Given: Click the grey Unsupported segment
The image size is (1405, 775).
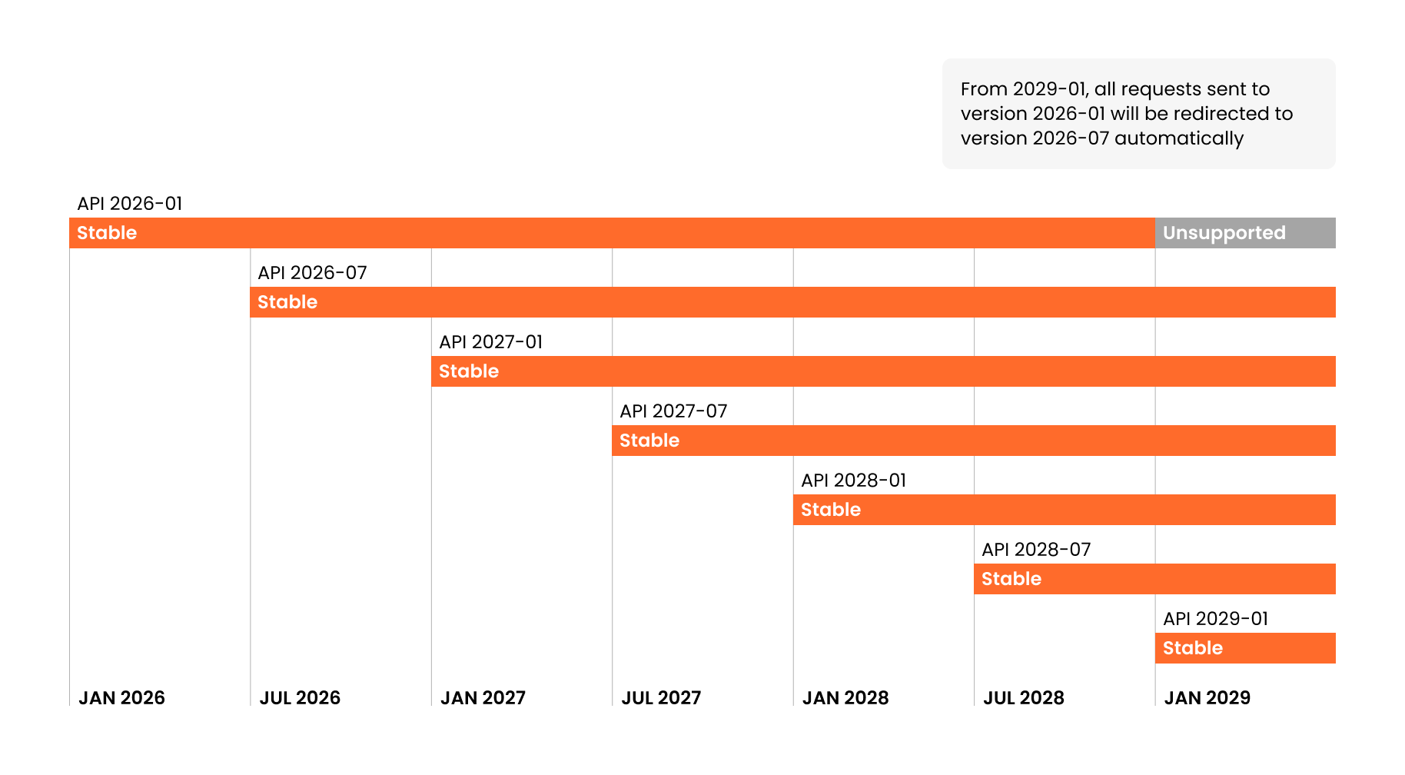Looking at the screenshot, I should coord(1244,233).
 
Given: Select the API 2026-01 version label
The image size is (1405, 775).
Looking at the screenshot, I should coord(130,204).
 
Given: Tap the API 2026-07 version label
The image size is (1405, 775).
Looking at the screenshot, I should coord(312,273).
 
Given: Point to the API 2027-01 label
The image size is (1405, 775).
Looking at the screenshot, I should coord(490,342).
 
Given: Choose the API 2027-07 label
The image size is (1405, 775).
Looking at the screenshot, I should coord(673,411).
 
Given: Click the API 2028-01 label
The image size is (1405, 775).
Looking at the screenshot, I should coord(853,481).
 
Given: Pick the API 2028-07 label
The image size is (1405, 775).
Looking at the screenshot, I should coord(1036,550).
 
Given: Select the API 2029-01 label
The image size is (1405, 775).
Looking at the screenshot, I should coord(1215,619).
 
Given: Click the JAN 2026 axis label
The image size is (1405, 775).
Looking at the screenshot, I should coord(121,697).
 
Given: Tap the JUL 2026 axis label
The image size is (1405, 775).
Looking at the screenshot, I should coord(300,697).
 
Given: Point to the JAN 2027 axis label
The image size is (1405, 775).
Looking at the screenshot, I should coord(483,697).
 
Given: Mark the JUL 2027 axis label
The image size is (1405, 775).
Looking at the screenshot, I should coord(661,697).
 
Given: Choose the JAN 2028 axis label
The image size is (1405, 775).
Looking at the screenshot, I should coord(845,697).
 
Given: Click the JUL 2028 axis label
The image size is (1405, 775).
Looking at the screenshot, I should coord(1024,697).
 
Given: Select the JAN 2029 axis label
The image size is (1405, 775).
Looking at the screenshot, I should coord(1207,697).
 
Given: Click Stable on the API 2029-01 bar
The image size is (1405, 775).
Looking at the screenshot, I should coord(1192,648).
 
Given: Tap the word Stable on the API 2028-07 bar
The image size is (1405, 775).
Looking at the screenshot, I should coord(1011,579).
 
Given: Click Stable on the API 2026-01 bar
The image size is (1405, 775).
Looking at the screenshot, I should coord(107,233).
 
